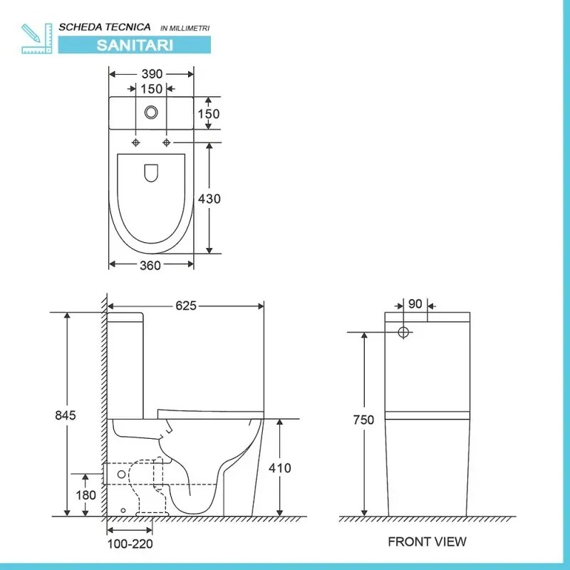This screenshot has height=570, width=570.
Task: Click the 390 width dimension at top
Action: coord(151,74)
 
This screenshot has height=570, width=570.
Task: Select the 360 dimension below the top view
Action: coord(151,265)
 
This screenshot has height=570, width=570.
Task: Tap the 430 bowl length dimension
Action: coord(209,199)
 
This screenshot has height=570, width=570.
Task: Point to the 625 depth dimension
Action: coord(186,306)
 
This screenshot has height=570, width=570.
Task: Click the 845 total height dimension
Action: coord(66,415)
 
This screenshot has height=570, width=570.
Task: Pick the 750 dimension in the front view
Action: coord(363,420)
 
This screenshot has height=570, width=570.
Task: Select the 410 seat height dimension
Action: coord(281,468)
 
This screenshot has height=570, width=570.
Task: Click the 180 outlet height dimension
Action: coord(85,495)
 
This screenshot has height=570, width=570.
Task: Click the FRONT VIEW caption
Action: coord(427,541)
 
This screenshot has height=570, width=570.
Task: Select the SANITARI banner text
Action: coord(135,44)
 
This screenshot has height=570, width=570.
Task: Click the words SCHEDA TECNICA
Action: coord(105,27)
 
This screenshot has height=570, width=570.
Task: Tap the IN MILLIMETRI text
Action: coord(185,28)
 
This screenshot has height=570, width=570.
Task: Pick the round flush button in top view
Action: coord(151,112)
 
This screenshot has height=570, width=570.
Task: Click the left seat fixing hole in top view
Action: coord(136,142)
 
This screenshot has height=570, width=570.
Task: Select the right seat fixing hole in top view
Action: coord(167,142)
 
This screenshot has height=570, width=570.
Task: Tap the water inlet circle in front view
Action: coord(403,332)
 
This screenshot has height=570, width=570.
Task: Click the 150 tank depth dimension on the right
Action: coord(209,113)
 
